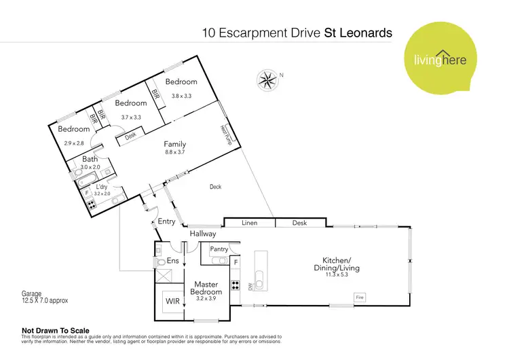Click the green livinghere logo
437,60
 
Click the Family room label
174,144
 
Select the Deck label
215,187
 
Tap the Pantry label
219,249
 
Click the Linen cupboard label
249,223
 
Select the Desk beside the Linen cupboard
299,223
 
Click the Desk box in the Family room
131,136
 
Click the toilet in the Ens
160,261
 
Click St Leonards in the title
358,32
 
